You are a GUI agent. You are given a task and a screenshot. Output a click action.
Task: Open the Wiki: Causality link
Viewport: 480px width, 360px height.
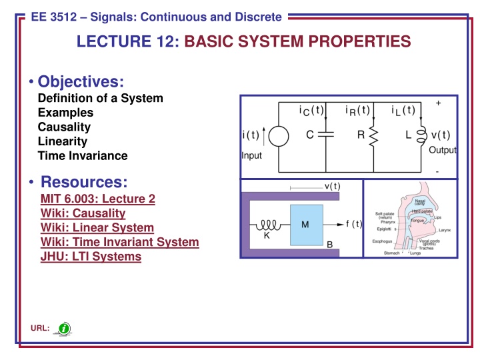coord(83,213)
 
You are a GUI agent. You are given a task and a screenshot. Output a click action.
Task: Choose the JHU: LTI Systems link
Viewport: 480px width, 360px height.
coord(91,257)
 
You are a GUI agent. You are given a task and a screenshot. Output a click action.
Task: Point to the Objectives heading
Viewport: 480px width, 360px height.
coord(81,81)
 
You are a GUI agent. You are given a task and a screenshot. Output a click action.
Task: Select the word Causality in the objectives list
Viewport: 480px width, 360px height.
coord(64,127)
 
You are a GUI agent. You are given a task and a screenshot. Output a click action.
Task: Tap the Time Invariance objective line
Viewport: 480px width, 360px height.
coord(82,156)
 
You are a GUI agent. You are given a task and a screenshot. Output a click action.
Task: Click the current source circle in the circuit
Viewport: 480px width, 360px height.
coord(279,137)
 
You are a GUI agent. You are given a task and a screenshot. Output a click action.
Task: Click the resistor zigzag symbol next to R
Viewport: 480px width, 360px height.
coord(373,137)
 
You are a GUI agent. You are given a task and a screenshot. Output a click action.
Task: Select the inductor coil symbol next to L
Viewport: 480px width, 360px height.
coord(422,136)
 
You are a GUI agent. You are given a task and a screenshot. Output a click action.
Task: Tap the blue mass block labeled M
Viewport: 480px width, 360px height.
coord(304,224)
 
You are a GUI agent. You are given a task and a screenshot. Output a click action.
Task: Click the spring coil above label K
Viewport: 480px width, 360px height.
coord(268,225)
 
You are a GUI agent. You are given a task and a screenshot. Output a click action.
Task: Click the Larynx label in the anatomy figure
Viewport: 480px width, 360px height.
coord(445,229)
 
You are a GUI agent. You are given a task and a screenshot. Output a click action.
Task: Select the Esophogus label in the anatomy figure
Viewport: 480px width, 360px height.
coord(383,241)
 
